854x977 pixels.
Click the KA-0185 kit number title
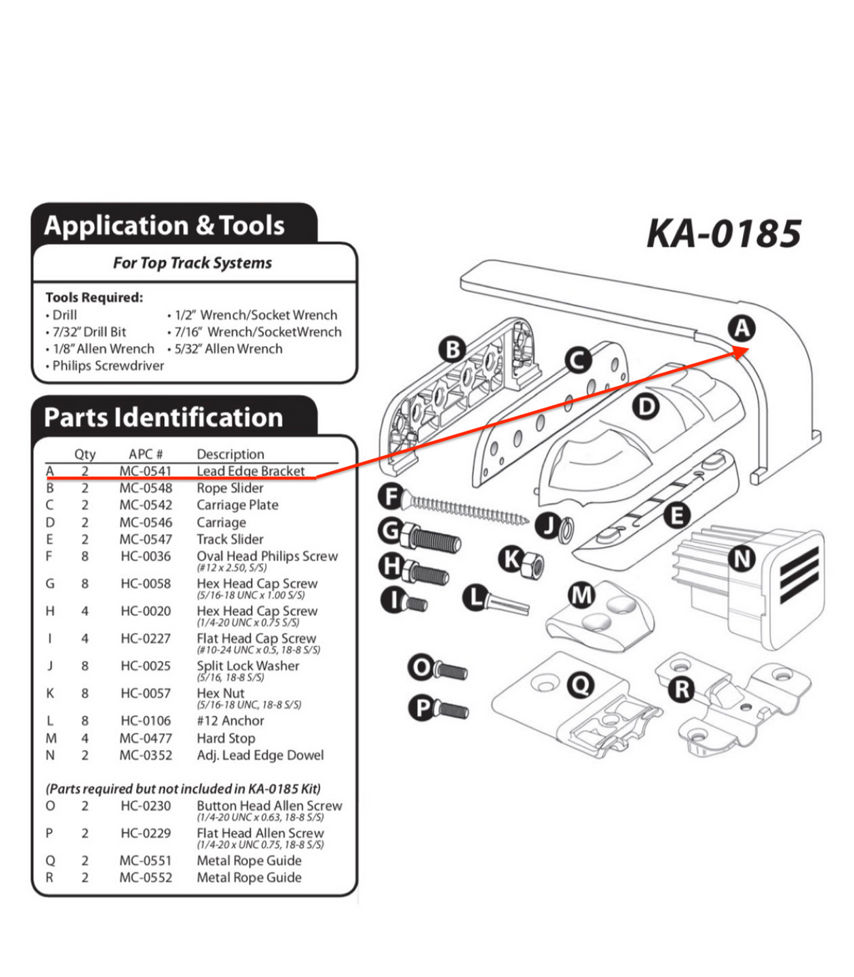click(x=723, y=233)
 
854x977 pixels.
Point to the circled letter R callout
click(x=683, y=689)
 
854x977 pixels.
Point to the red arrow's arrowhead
click(x=746, y=353)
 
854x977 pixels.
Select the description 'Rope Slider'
click(x=229, y=488)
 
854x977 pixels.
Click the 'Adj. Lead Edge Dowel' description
click(x=260, y=755)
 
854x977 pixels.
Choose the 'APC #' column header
click(x=145, y=454)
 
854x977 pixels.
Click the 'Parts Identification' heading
click(x=163, y=417)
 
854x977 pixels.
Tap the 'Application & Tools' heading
click(x=164, y=226)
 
